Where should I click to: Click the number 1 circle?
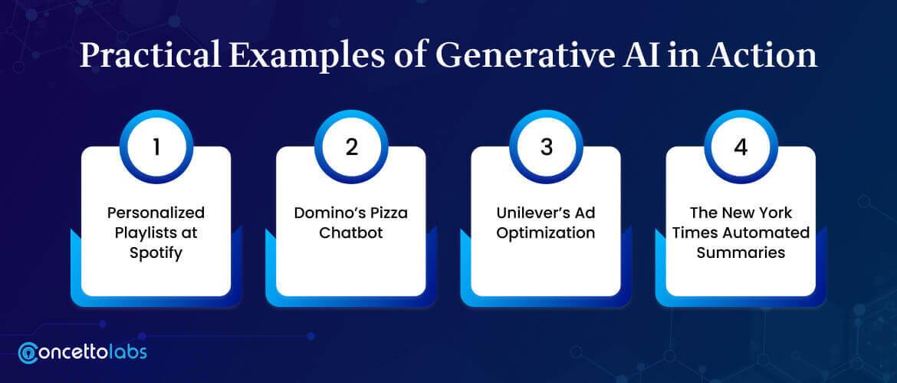(x=156, y=147)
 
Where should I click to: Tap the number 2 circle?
(x=351, y=147)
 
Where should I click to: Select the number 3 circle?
(x=547, y=147)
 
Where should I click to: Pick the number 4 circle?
(x=741, y=147)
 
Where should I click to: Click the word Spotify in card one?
(x=156, y=253)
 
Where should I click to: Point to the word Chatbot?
(x=351, y=233)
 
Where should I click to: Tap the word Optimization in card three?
(x=546, y=233)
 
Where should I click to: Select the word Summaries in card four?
(x=741, y=253)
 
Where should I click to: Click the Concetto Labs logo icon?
(x=28, y=352)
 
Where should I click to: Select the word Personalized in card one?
(x=156, y=213)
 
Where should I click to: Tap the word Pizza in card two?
(x=387, y=213)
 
